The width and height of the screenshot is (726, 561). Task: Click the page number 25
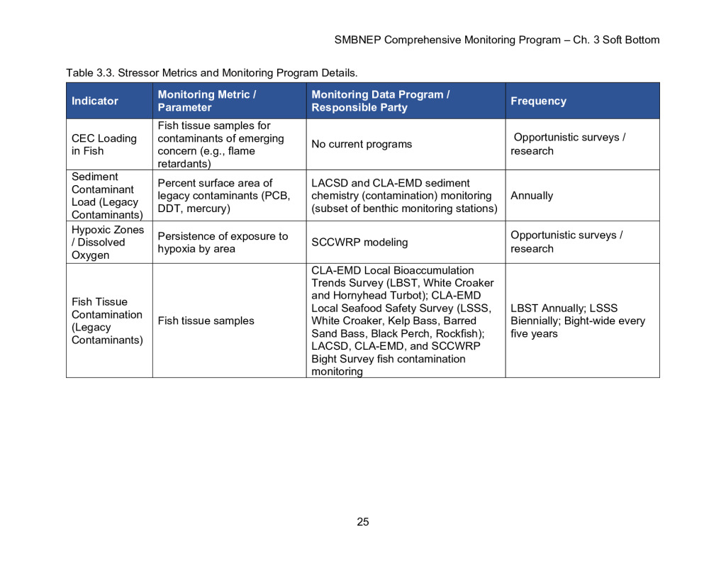(x=363, y=522)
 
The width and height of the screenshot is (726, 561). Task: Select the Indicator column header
(x=95, y=101)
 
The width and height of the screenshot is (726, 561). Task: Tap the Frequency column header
(x=538, y=101)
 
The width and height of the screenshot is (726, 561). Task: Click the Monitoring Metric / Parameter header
(x=207, y=101)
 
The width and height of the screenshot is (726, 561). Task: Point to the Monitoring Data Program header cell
(x=381, y=101)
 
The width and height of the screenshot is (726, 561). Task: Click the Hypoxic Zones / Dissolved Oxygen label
(x=108, y=242)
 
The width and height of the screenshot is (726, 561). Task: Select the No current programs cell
(x=362, y=144)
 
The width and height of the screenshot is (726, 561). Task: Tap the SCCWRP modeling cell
(x=359, y=242)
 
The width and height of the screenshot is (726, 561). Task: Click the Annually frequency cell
(x=532, y=195)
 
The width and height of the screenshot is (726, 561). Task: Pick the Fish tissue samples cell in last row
(x=206, y=321)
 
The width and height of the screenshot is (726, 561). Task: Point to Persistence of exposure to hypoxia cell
(x=223, y=242)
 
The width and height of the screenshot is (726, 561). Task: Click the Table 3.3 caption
(x=212, y=72)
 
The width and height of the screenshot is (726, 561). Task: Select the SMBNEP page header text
(x=496, y=40)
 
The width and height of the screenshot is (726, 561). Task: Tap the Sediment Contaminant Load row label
(x=106, y=195)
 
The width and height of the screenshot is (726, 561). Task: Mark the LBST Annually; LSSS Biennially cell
(x=578, y=321)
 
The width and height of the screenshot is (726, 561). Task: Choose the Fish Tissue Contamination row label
(x=106, y=321)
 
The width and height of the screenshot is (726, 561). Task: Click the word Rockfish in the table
(x=457, y=333)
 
